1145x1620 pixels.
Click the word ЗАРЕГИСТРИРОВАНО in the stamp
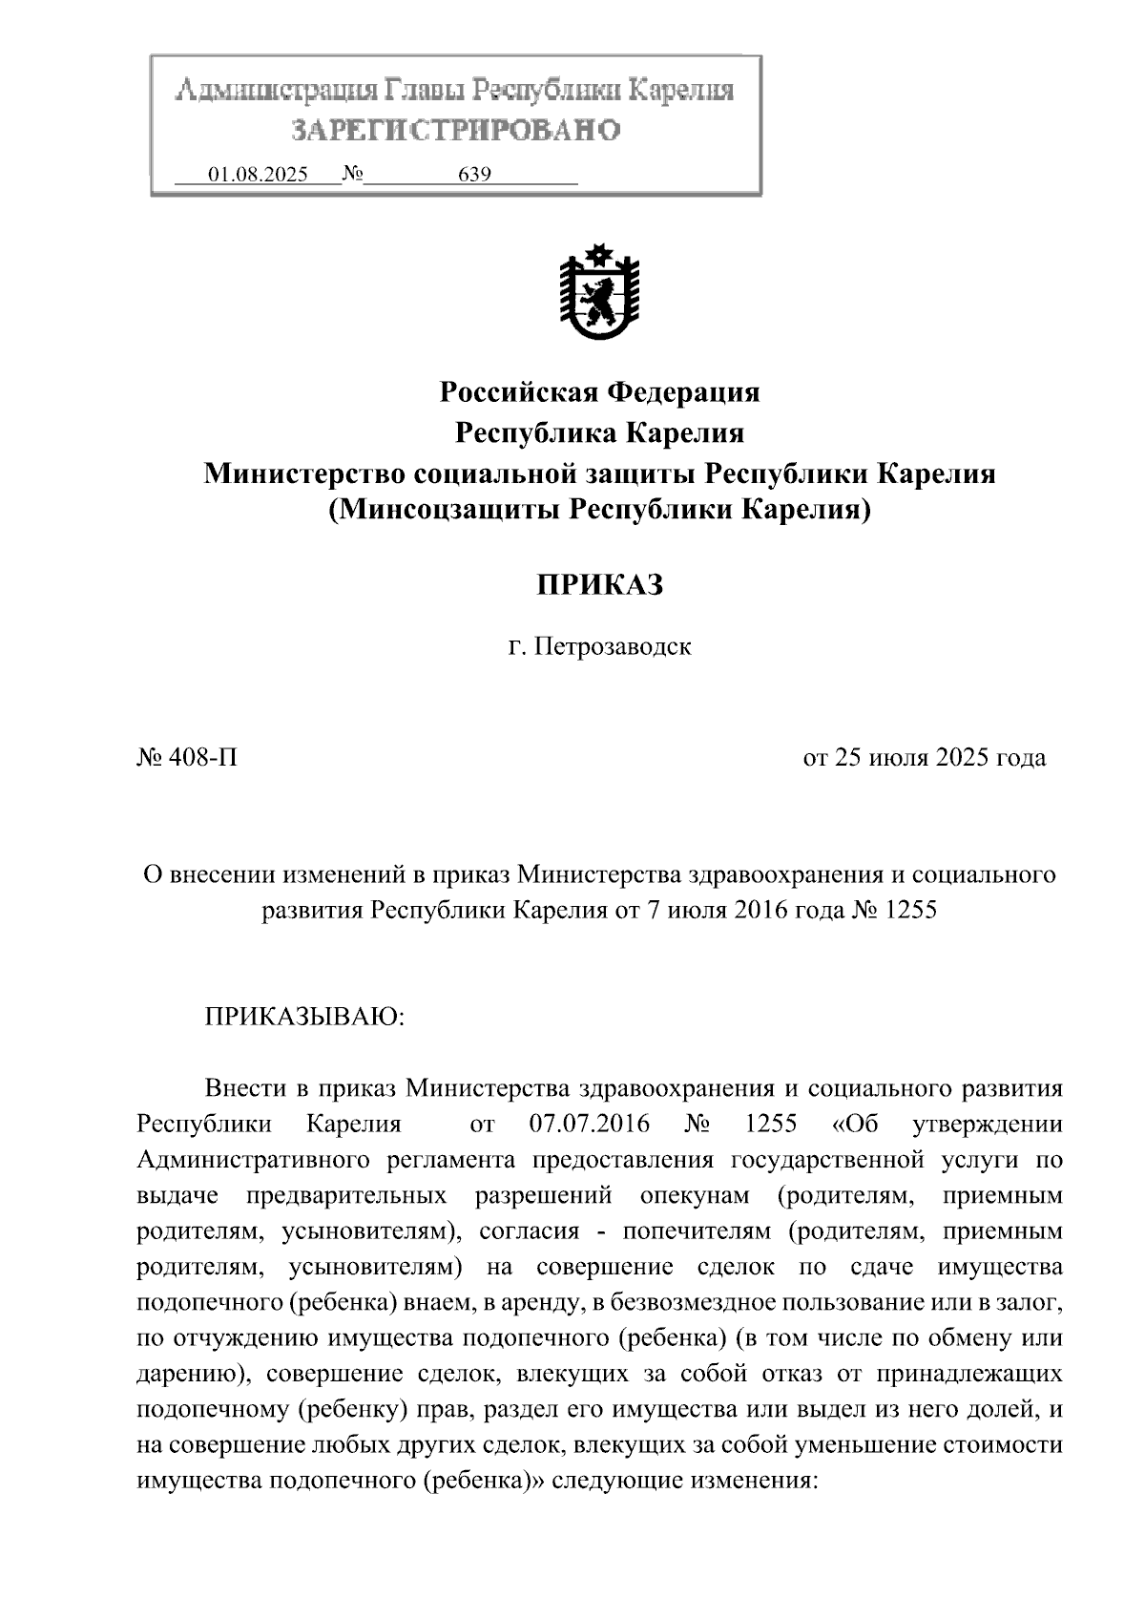[455, 131]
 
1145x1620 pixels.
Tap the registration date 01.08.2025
[258, 176]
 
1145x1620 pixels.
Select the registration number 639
[474, 176]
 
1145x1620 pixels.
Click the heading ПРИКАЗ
[598, 585]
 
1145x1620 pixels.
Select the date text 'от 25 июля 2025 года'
[924, 758]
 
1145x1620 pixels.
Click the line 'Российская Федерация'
[598, 392]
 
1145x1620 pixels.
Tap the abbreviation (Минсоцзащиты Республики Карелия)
[598, 511]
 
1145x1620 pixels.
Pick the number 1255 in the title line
[911, 910]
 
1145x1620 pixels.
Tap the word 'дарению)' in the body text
[195, 1375]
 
